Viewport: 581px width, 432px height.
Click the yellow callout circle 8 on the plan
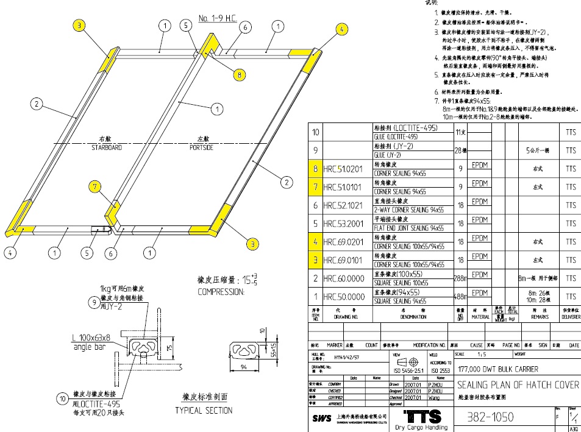(x=240, y=75)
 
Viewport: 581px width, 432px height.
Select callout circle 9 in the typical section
(x=93, y=302)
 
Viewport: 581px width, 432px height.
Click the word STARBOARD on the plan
(x=107, y=147)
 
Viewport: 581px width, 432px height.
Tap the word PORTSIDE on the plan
(x=201, y=147)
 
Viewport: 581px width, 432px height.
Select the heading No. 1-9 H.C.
(x=218, y=19)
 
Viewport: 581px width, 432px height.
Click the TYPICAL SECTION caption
(x=204, y=411)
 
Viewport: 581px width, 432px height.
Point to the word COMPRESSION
(x=221, y=292)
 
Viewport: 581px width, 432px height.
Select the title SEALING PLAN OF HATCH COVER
(x=518, y=386)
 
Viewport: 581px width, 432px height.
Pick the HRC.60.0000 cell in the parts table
(x=345, y=279)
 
